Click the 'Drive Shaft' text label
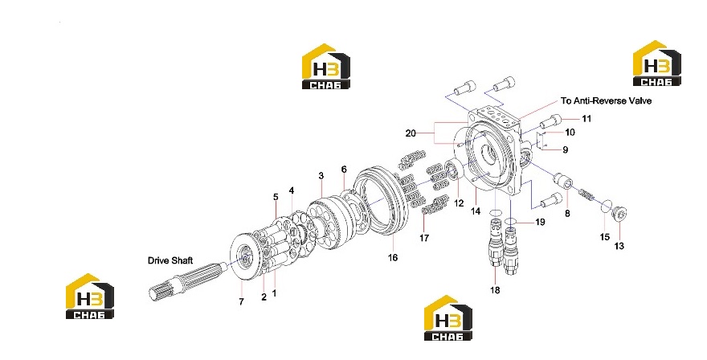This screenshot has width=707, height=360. click(170, 260)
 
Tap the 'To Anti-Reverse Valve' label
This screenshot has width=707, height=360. click(606, 100)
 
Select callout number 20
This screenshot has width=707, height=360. click(411, 133)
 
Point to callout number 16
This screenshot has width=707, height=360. click(393, 258)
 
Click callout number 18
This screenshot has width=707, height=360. click(495, 290)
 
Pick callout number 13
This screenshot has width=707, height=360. click(619, 246)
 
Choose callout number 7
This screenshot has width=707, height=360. click(241, 301)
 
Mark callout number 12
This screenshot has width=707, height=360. click(459, 203)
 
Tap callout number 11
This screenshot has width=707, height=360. click(586, 119)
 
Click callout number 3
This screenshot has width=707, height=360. click(321, 175)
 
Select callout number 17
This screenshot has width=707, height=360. click(424, 238)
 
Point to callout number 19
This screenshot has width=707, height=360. click(540, 222)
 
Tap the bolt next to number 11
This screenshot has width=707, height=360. click(550, 121)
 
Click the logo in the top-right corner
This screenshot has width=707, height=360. click(657, 63)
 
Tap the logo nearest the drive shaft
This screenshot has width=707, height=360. click(90, 296)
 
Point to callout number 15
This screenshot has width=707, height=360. click(605, 237)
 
